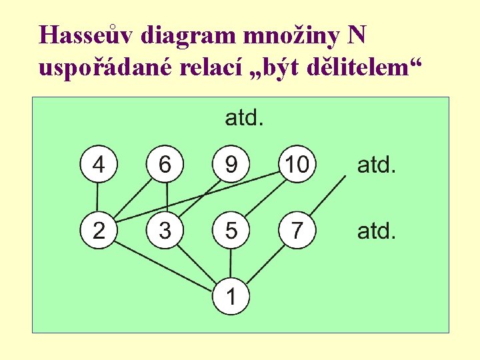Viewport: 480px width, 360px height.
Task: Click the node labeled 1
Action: coord(231,297)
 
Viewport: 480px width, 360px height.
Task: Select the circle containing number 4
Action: coord(98,164)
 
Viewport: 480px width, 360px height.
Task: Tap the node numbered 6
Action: coord(165,164)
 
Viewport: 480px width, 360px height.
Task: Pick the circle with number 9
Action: coord(231,164)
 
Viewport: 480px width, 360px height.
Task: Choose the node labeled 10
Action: coord(297,164)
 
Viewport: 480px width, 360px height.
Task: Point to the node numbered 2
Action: coord(98,231)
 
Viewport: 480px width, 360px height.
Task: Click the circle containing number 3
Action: coord(165,231)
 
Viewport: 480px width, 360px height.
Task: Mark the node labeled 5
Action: coord(231,231)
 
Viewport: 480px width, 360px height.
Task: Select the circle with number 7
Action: coord(297,231)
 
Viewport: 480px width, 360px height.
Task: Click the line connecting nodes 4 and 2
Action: coord(98,197)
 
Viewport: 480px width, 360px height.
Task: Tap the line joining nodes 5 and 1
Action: coord(231,264)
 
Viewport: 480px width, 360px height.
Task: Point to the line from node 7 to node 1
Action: coord(264,264)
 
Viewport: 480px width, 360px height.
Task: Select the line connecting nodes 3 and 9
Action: coord(198,197)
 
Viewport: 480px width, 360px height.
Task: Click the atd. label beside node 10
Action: coord(377,164)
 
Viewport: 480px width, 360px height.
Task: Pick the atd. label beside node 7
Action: coord(377,231)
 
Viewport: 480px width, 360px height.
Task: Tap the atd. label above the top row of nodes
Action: coord(244,118)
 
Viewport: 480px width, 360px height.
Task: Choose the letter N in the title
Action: coord(357,34)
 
